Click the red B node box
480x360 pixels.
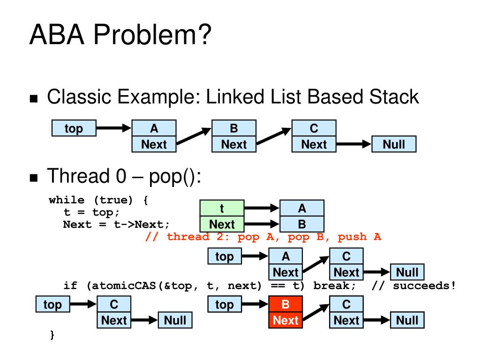click(285, 304)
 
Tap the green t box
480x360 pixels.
click(222, 208)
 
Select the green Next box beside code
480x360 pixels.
click(222, 224)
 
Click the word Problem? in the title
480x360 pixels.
click(152, 35)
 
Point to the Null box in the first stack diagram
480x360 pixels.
click(394, 144)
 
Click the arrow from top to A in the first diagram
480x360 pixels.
click(113, 128)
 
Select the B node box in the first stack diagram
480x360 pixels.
click(234, 128)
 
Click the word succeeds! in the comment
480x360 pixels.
click(424, 285)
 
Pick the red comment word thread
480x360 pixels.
click(188, 236)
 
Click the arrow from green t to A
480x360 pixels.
click(262, 208)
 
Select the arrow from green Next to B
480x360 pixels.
click(262, 224)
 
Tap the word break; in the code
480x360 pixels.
click(334, 285)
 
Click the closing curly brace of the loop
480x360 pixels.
click(52, 334)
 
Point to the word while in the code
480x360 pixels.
click(67, 200)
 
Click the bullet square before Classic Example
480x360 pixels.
click(34, 98)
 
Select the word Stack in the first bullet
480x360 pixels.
click(394, 97)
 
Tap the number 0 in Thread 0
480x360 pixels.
click(121, 176)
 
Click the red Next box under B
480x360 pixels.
click(285, 320)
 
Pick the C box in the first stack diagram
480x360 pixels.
click(314, 128)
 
